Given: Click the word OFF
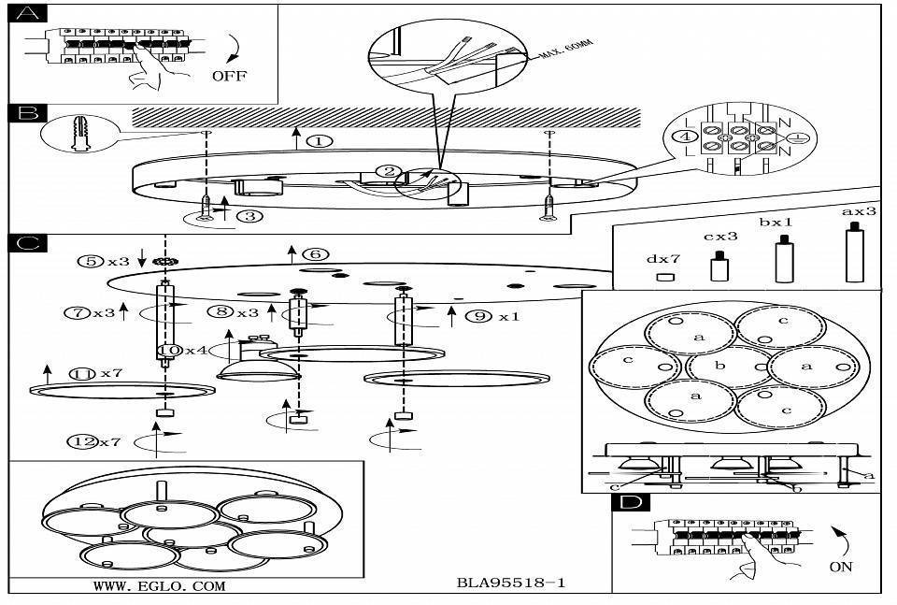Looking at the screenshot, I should (x=229, y=76).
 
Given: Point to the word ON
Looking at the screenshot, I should (x=840, y=567).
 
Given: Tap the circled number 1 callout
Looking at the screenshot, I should (x=319, y=141).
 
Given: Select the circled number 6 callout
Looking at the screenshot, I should (x=316, y=254).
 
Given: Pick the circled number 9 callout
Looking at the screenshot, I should (x=478, y=316).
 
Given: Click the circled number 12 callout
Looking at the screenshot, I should (x=85, y=440).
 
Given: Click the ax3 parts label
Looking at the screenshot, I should (x=859, y=211).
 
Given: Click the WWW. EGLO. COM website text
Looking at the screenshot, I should (x=159, y=587).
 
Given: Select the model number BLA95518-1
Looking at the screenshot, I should (x=511, y=583).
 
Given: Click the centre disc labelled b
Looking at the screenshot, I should (x=719, y=366).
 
